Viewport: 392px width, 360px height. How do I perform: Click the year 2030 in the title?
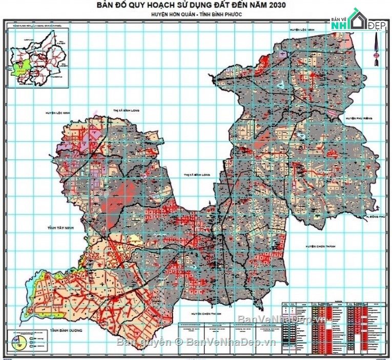[276, 5]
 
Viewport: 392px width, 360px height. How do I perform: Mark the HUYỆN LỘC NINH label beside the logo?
[301, 30]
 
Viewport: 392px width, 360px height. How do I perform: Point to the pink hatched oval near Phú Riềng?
[334, 113]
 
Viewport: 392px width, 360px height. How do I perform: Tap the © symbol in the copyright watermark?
[179, 342]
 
